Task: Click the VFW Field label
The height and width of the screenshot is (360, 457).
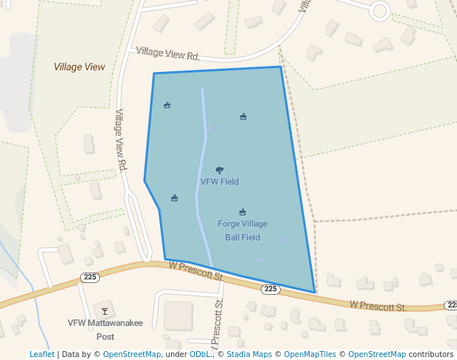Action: [219, 181]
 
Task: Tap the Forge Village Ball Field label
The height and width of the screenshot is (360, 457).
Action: [242, 230]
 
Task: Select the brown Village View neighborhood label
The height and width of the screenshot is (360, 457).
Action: [79, 67]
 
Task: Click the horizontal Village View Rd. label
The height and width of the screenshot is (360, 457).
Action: [168, 53]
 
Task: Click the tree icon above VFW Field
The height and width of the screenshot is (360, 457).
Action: [219, 170]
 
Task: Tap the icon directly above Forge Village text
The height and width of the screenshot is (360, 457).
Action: [242, 212]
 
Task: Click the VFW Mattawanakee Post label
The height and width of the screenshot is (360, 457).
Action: [95, 329]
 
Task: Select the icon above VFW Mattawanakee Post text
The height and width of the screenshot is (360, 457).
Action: [104, 311]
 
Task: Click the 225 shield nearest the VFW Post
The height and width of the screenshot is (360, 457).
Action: [90, 277]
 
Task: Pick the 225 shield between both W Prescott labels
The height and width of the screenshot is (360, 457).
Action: [270, 289]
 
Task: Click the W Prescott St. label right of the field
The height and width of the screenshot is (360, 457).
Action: [378, 305]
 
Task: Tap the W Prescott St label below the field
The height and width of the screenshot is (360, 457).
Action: [196, 270]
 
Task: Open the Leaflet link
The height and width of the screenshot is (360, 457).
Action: [41, 354]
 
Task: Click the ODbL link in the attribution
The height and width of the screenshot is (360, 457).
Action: [200, 354]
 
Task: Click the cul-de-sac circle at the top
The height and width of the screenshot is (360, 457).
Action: [380, 10]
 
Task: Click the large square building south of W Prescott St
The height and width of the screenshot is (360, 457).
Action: [178, 316]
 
